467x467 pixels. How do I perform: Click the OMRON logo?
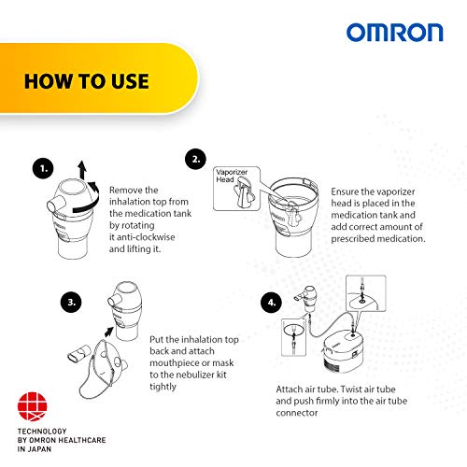[394, 33]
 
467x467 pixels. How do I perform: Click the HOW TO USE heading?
[87, 81]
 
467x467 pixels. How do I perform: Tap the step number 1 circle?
[43, 168]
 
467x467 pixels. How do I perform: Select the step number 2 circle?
[195, 159]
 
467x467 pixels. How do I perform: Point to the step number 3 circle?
[71, 302]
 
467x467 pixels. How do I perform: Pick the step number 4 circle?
[272, 303]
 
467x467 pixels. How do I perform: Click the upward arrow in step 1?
[82, 170]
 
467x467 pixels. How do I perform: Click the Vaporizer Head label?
[232, 176]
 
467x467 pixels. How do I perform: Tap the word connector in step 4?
[297, 413]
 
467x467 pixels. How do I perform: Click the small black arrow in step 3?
[109, 332]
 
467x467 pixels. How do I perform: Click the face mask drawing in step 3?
[102, 370]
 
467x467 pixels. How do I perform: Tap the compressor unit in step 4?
[343, 351]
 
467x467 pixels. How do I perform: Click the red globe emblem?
[32, 406]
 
